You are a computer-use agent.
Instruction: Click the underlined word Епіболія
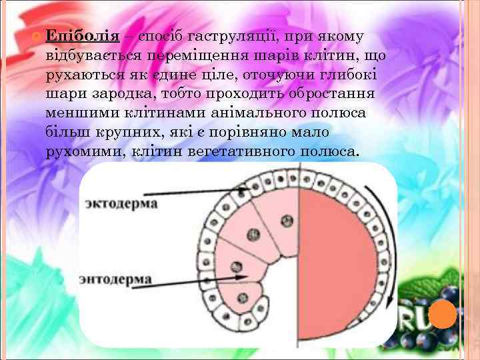(82, 36)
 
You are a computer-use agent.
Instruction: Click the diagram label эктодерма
(121, 203)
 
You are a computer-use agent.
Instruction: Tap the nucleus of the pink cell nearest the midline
(287, 220)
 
